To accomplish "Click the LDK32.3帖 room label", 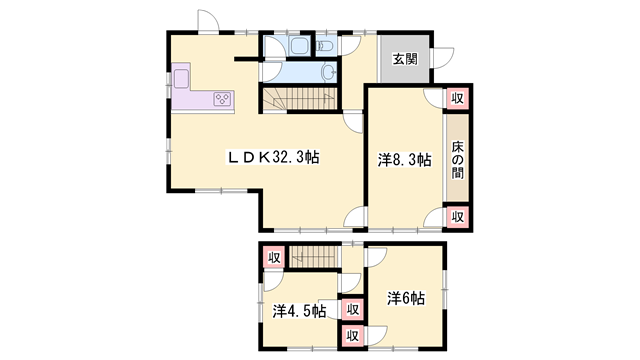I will click(273, 157).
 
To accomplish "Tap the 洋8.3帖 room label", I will click(404, 159).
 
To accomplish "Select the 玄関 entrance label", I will click(405, 59).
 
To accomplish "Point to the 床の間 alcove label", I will click(457, 159).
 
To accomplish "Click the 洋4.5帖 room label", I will click(299, 311).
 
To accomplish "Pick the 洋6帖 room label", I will click(406, 298).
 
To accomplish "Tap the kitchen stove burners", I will click(222, 99).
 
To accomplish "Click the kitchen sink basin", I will click(182, 78).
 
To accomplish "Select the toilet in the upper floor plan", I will click(325, 45).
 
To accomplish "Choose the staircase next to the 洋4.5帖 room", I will click(314, 257).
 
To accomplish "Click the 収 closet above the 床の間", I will click(457, 98).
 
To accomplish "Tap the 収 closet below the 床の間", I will click(457, 217).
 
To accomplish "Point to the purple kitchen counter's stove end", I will click(222, 99).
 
